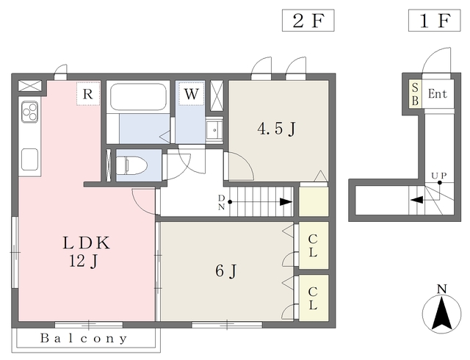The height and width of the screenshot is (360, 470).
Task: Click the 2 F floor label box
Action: [308, 21]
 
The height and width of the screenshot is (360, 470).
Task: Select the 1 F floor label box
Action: [434, 21]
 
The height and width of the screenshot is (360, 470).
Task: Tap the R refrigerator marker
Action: [88, 93]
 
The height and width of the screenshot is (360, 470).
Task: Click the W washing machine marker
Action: [191, 93]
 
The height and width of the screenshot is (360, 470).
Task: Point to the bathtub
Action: [138, 97]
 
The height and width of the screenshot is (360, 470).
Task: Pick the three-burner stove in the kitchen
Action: [29, 112]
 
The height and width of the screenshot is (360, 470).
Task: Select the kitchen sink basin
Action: [29, 159]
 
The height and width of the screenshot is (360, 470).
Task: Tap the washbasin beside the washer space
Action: [214, 129]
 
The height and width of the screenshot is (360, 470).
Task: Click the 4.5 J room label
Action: [276, 129]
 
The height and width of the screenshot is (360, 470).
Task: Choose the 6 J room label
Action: [226, 271]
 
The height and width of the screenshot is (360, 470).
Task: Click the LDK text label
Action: [87, 243]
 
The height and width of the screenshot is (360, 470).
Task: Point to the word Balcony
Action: [84, 339]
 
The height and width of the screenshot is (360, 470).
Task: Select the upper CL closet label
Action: [313, 245]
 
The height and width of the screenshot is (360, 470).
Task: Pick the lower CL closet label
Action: [313, 298]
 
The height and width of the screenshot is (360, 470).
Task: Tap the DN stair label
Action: [222, 202]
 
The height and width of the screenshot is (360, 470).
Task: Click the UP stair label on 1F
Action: [439, 176]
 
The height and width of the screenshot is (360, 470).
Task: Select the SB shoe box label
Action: [415, 94]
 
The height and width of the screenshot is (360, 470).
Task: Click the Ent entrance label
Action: [438, 94]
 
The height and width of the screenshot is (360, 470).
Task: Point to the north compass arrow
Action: [442, 313]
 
